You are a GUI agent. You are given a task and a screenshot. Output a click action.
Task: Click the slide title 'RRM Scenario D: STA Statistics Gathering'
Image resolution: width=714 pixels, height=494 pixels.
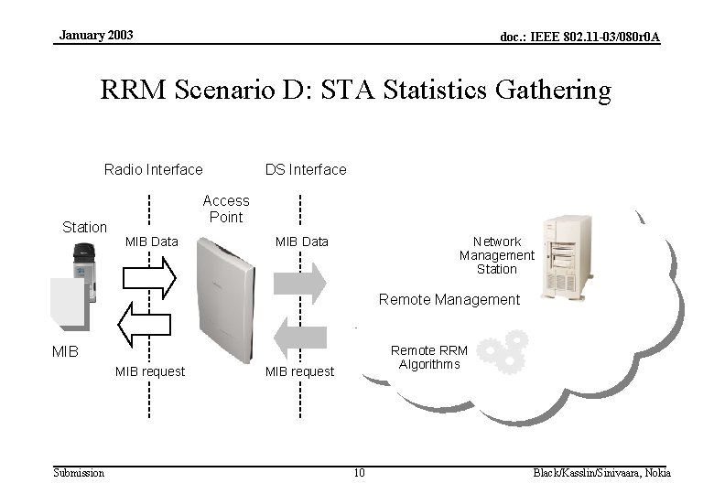(355, 91)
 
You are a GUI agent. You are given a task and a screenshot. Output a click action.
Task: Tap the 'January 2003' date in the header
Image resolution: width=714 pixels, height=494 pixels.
(96, 35)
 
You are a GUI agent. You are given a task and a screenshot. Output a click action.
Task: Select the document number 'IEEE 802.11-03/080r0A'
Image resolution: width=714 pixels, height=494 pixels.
(579, 37)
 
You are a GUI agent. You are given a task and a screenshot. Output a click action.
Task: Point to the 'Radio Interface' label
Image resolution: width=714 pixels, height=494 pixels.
(154, 169)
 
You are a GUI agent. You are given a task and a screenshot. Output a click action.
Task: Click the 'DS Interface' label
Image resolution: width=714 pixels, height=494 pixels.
(306, 169)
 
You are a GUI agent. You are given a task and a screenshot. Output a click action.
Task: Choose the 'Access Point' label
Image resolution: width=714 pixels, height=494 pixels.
(226, 209)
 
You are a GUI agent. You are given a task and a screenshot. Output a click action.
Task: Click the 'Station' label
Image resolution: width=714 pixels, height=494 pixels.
(84, 227)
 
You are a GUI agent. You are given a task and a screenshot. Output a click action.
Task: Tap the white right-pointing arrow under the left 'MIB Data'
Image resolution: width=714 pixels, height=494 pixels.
(148, 277)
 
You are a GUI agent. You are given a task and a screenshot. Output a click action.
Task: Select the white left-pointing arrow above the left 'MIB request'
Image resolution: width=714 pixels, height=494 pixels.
(145, 325)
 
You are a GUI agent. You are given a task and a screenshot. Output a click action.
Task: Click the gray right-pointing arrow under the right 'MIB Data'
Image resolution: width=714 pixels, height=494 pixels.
(300, 283)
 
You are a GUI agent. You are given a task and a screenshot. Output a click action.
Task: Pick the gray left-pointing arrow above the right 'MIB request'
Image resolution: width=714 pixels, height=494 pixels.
(300, 336)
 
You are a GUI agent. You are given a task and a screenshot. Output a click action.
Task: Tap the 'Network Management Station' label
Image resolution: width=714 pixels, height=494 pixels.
(497, 255)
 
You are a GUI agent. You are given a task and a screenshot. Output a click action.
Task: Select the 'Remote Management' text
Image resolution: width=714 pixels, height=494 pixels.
(449, 300)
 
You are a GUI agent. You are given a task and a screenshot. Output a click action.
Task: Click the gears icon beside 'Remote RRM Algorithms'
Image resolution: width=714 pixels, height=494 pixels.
(503, 352)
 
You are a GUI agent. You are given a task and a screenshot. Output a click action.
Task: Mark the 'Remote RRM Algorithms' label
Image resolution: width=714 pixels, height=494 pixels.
(428, 358)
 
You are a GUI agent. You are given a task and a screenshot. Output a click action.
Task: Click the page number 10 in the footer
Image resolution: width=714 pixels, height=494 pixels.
(359, 473)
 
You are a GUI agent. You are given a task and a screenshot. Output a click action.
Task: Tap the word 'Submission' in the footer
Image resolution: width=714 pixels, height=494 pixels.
(79, 473)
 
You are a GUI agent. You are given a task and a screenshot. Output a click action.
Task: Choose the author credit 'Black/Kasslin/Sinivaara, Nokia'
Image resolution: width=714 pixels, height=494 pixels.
(601, 473)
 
